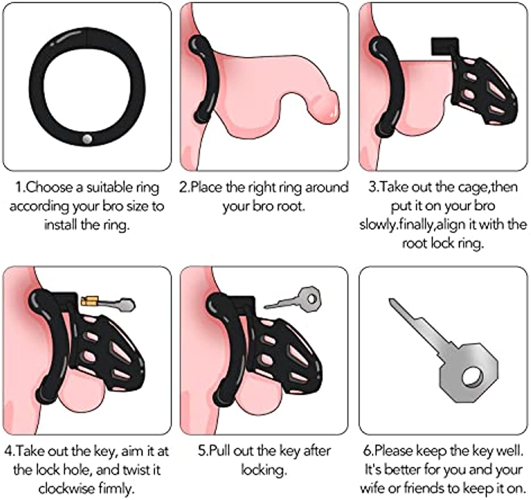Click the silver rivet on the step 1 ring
88,139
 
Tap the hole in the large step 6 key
471,377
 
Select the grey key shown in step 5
292,299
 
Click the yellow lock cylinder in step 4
90,300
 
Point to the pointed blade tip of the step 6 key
391,300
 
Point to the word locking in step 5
263,470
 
